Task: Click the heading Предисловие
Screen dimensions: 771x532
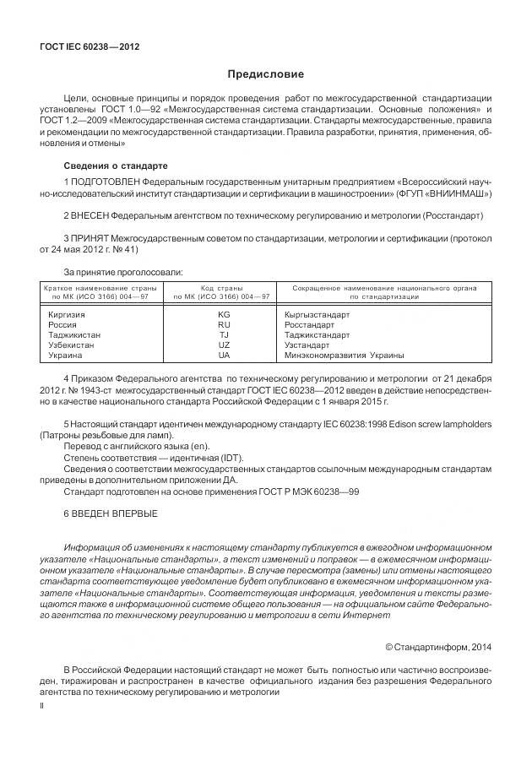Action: tap(265, 74)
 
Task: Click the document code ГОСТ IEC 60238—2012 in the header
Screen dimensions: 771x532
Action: tap(90, 46)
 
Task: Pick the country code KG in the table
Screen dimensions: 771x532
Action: tap(224, 314)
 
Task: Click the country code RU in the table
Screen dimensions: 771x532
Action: tap(224, 324)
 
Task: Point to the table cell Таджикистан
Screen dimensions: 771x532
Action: tap(75, 334)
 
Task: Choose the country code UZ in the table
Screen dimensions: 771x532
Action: tap(224, 345)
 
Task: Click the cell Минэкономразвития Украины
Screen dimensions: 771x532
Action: tap(339, 355)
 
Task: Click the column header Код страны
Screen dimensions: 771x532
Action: tap(222, 289)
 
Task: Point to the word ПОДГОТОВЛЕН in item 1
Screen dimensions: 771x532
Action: tap(106, 182)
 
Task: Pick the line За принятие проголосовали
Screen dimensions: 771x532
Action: tap(123, 271)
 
